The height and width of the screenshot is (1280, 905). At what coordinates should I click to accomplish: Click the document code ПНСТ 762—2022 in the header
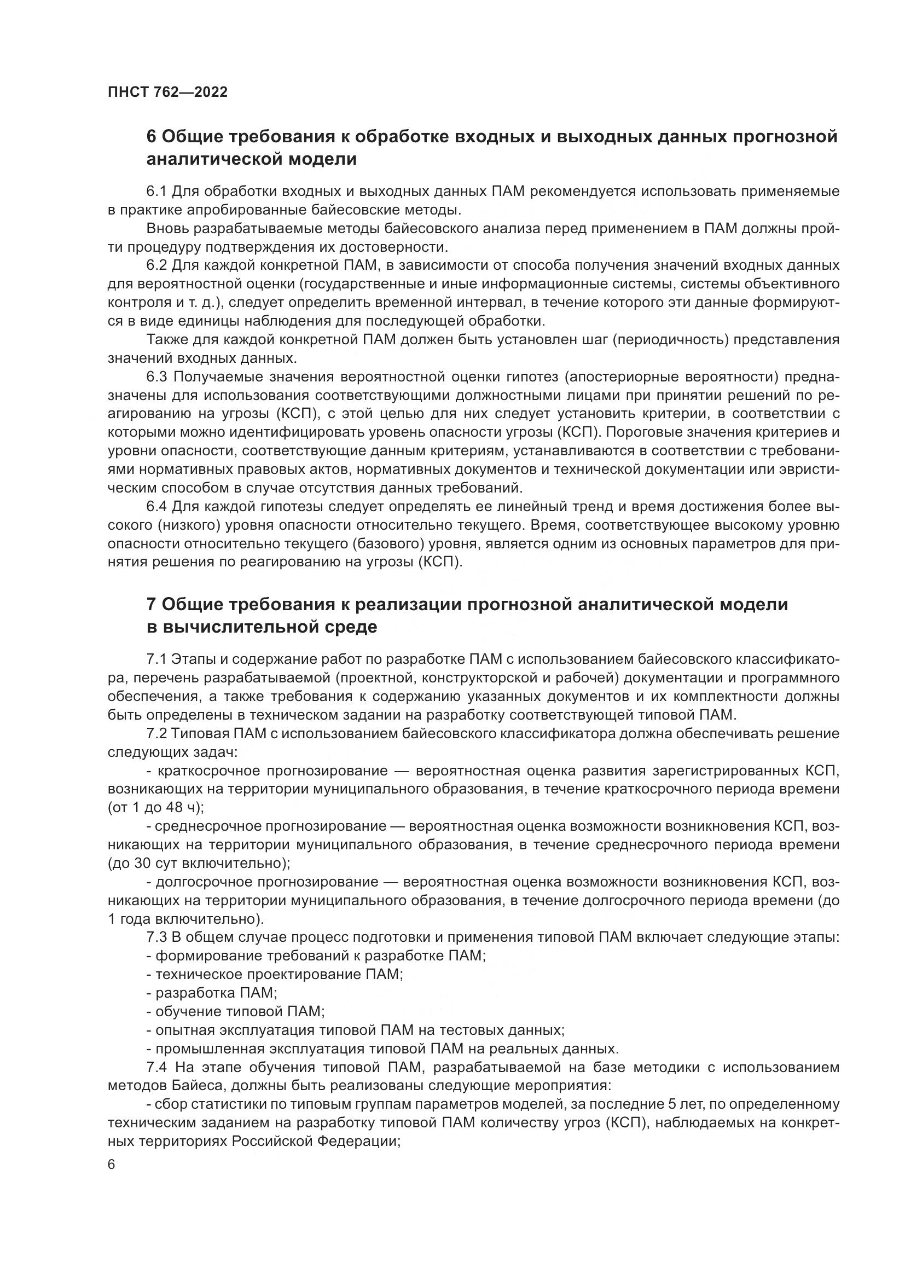[168, 92]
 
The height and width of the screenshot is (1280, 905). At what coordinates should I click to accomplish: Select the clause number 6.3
[157, 377]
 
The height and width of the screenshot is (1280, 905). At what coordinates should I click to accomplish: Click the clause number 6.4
[157, 507]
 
